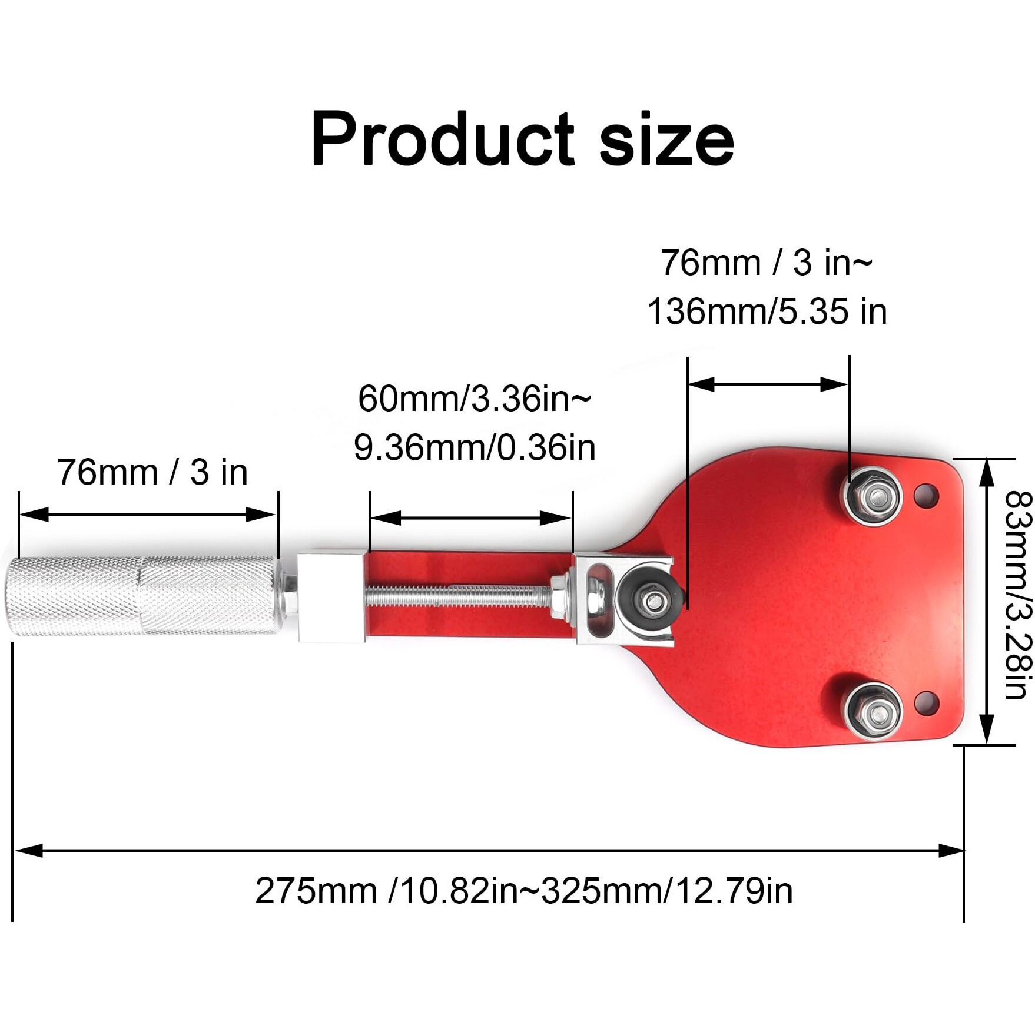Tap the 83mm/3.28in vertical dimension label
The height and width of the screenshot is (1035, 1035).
(x=1018, y=595)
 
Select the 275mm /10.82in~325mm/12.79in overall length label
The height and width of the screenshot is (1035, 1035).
(x=523, y=891)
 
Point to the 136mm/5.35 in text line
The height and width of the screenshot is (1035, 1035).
(x=767, y=311)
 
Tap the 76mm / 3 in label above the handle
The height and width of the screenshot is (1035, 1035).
(x=152, y=472)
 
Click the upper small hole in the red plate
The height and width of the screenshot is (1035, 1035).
(x=925, y=496)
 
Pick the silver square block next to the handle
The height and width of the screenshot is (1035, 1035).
(x=329, y=597)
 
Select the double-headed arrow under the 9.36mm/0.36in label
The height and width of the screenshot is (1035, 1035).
(x=471, y=518)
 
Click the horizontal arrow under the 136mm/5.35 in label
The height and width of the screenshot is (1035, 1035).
(x=768, y=384)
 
